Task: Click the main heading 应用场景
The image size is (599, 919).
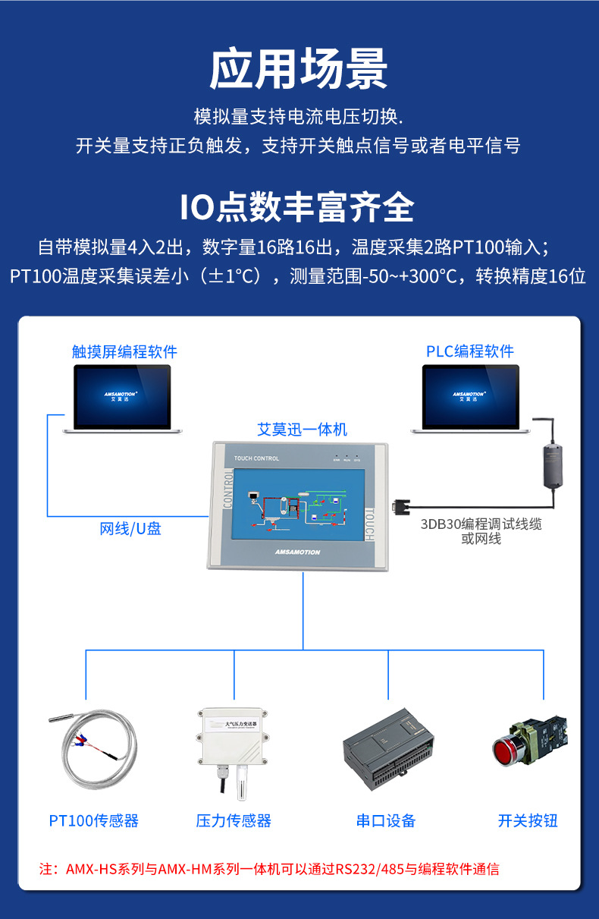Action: [299, 70]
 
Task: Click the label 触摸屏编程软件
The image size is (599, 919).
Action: [124, 351]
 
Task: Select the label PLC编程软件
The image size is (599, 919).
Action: [470, 351]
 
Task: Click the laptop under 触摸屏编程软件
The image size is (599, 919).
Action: [123, 398]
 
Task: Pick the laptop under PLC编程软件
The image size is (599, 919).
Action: [471, 398]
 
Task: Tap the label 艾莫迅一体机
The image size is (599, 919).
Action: [302, 430]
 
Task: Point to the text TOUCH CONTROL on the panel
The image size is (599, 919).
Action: [257, 458]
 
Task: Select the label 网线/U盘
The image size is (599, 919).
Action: [130, 529]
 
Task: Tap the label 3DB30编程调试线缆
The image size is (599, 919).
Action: [481, 524]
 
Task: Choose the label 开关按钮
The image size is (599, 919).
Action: [528, 820]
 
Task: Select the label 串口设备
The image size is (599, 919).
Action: [386, 820]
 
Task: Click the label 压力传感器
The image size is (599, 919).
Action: [234, 820]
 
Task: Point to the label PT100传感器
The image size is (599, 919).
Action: [94, 820]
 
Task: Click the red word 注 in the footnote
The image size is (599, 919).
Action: [45, 869]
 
